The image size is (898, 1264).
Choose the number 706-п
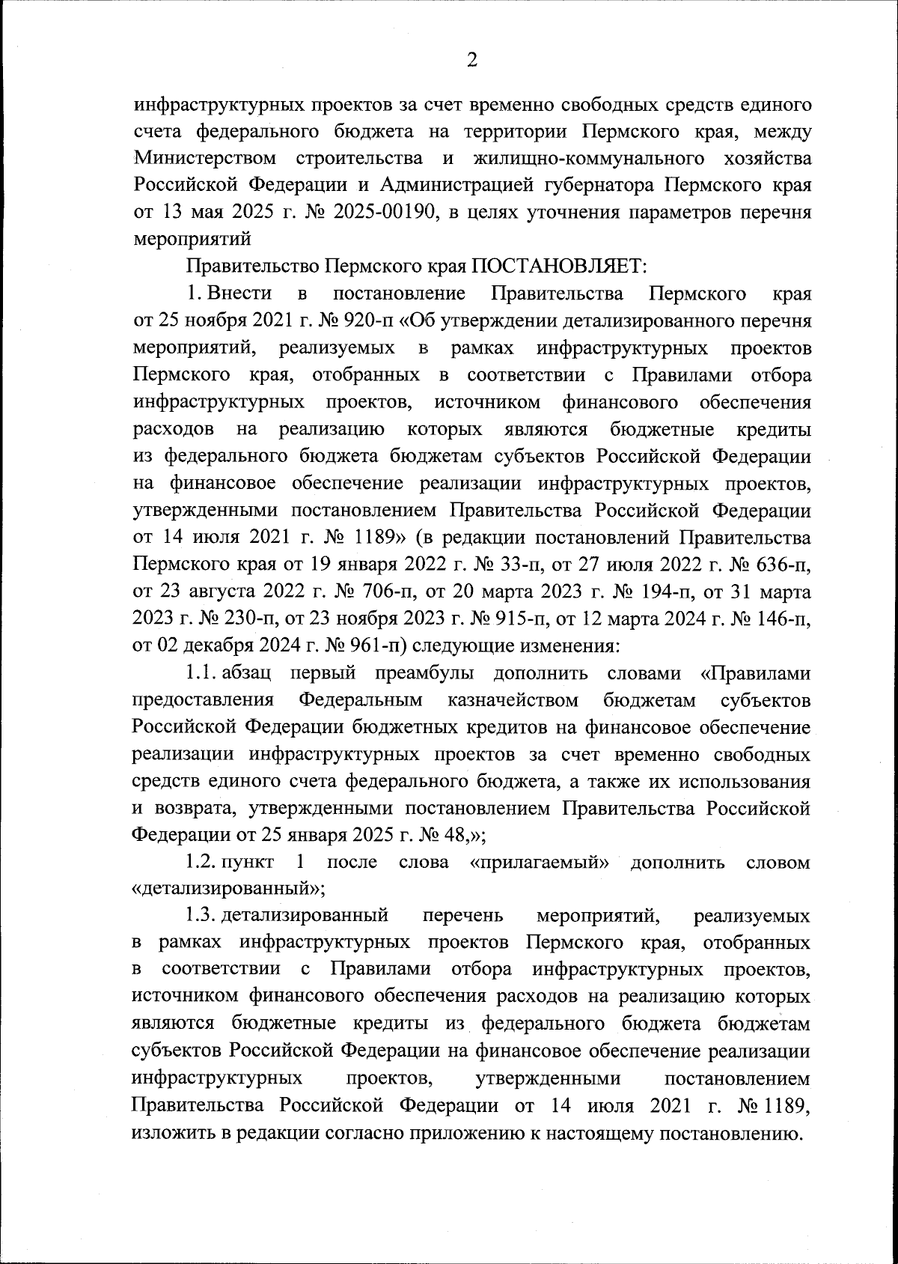382,592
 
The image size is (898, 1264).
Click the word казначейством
513,701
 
